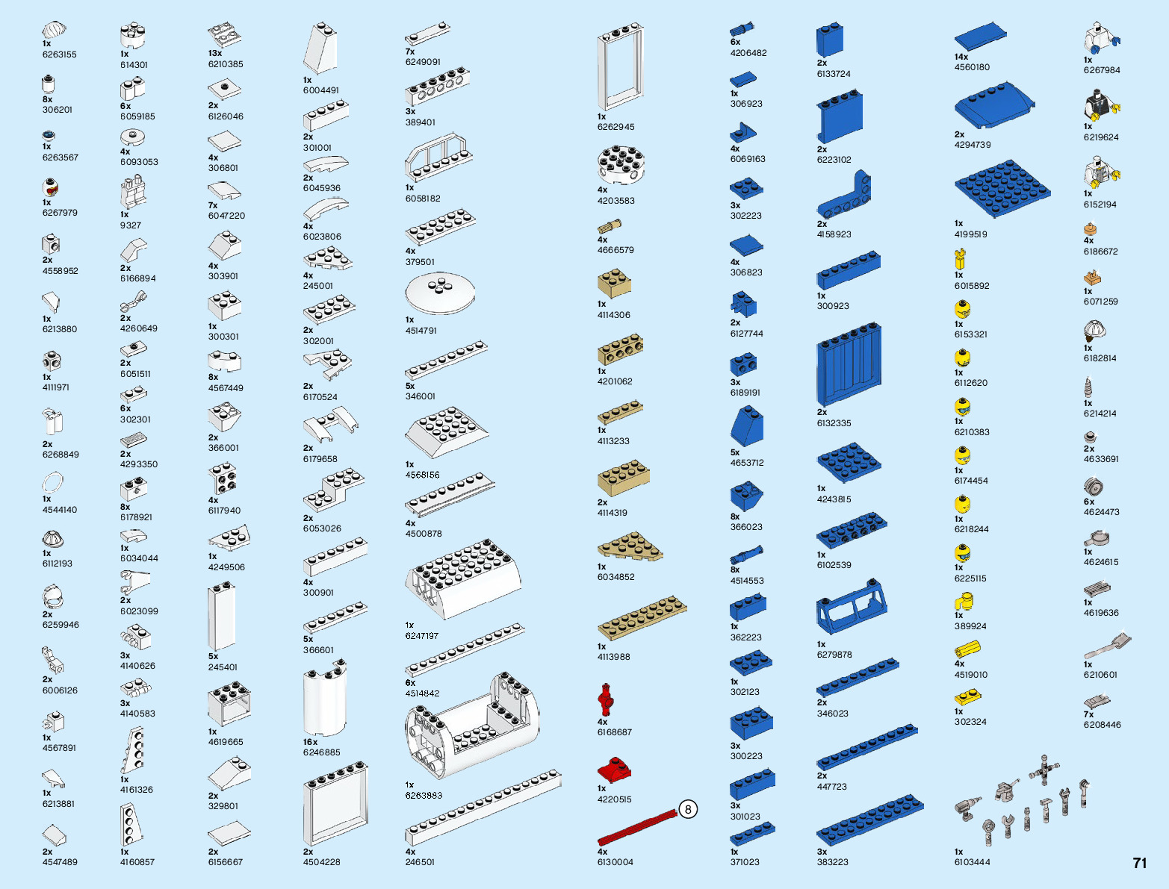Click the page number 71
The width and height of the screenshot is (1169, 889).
click(x=1139, y=863)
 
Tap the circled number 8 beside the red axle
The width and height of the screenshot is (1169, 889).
click(x=688, y=809)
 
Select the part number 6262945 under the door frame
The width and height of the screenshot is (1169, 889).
click(x=615, y=127)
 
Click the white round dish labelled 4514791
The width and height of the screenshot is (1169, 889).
click(x=440, y=293)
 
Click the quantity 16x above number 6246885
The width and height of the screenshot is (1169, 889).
click(x=310, y=742)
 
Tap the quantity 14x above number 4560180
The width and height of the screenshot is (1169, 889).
click(x=961, y=57)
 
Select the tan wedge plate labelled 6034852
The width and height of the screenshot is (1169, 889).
click(x=630, y=547)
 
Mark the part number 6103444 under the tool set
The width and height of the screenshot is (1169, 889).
click(x=972, y=862)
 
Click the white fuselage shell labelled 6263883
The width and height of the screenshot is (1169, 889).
click(x=472, y=728)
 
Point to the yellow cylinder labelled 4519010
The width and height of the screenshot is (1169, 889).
click(x=967, y=649)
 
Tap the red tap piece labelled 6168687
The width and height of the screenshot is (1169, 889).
click(x=605, y=700)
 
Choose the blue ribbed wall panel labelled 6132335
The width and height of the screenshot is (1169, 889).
click(x=849, y=365)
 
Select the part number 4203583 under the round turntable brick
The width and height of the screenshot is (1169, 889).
click(x=615, y=200)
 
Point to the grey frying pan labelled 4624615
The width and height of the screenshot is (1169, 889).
click(x=1097, y=538)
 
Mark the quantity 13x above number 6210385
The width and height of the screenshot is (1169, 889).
click(x=215, y=53)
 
